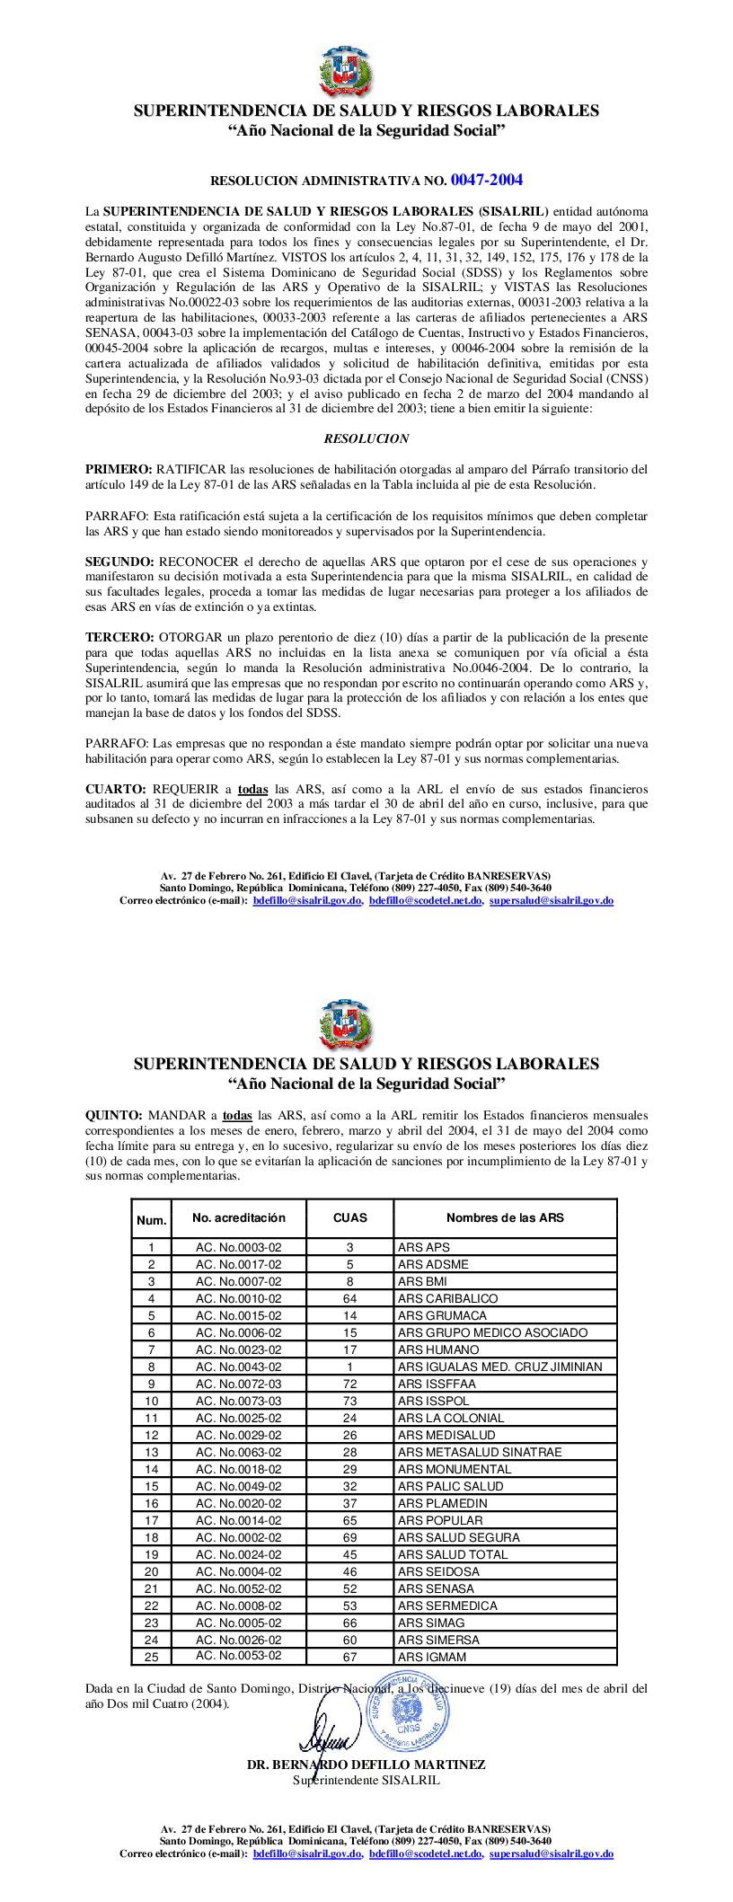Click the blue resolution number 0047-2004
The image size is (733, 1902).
coord(487,180)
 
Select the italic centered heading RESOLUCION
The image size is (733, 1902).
coord(366,438)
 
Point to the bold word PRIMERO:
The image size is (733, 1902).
coord(119,469)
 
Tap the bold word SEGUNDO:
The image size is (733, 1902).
coord(119,562)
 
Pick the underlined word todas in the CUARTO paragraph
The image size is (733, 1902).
coord(252,789)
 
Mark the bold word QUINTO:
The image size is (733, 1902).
coord(113,1115)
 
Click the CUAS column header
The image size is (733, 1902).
coord(349,1217)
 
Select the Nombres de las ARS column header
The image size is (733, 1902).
coord(505,1217)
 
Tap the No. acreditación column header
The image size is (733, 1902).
coord(238,1217)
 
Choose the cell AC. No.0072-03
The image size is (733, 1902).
coord(238,1384)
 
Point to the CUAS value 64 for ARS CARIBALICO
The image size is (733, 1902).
coord(349,1298)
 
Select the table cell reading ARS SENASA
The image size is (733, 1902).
coord(436,1588)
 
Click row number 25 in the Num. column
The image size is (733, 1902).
coord(151,1656)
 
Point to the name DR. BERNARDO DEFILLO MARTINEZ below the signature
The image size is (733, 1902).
coord(366,1765)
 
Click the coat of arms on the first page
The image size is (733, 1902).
coord(344,72)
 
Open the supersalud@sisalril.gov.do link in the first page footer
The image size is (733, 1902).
coord(551,900)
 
